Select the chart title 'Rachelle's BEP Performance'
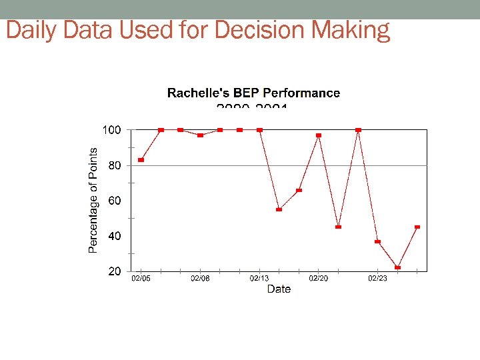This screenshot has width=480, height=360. (253, 93)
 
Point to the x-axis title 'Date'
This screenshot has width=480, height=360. (279, 289)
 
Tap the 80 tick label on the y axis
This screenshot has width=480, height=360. (115, 165)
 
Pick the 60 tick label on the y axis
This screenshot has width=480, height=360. (115, 201)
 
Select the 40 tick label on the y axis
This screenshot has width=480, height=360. (115, 236)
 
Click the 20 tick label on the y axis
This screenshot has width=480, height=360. (115, 271)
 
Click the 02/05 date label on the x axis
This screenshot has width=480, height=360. (141, 278)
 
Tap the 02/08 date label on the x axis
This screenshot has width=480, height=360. (200, 278)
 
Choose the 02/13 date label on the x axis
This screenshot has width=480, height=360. (259, 278)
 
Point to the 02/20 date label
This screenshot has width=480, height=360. (319, 278)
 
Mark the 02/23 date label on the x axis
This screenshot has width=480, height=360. (378, 278)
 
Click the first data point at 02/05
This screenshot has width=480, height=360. (141, 160)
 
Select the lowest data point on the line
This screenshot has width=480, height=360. (397, 267)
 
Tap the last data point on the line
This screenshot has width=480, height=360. (417, 227)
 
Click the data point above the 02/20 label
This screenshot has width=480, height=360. (319, 135)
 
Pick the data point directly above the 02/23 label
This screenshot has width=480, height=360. (378, 241)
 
